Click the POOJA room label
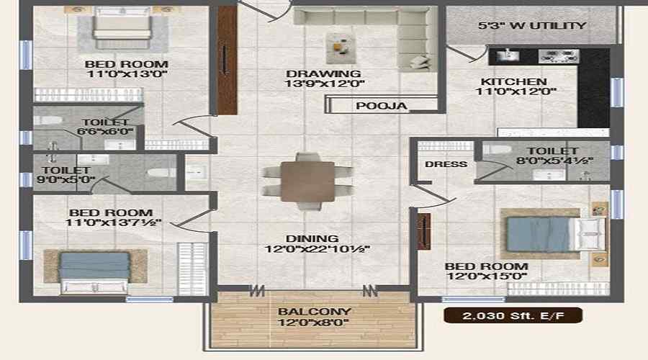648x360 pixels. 381,106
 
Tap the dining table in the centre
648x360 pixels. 307,182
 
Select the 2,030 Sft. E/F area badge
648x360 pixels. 513,316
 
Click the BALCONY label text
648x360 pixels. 314,312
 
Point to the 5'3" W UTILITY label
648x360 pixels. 532,26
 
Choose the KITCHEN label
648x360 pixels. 513,81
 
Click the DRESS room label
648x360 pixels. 446,164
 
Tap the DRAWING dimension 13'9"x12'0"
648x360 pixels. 325,84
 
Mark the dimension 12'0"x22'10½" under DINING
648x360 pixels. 317,249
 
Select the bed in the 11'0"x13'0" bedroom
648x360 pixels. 122,27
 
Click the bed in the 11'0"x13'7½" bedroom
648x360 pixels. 94,271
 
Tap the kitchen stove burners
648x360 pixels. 558,57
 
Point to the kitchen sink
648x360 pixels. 508,55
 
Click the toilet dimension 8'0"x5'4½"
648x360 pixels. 554,161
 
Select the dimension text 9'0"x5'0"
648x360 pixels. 66,180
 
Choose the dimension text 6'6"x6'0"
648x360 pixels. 105,132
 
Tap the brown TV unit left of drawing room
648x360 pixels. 227,60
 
